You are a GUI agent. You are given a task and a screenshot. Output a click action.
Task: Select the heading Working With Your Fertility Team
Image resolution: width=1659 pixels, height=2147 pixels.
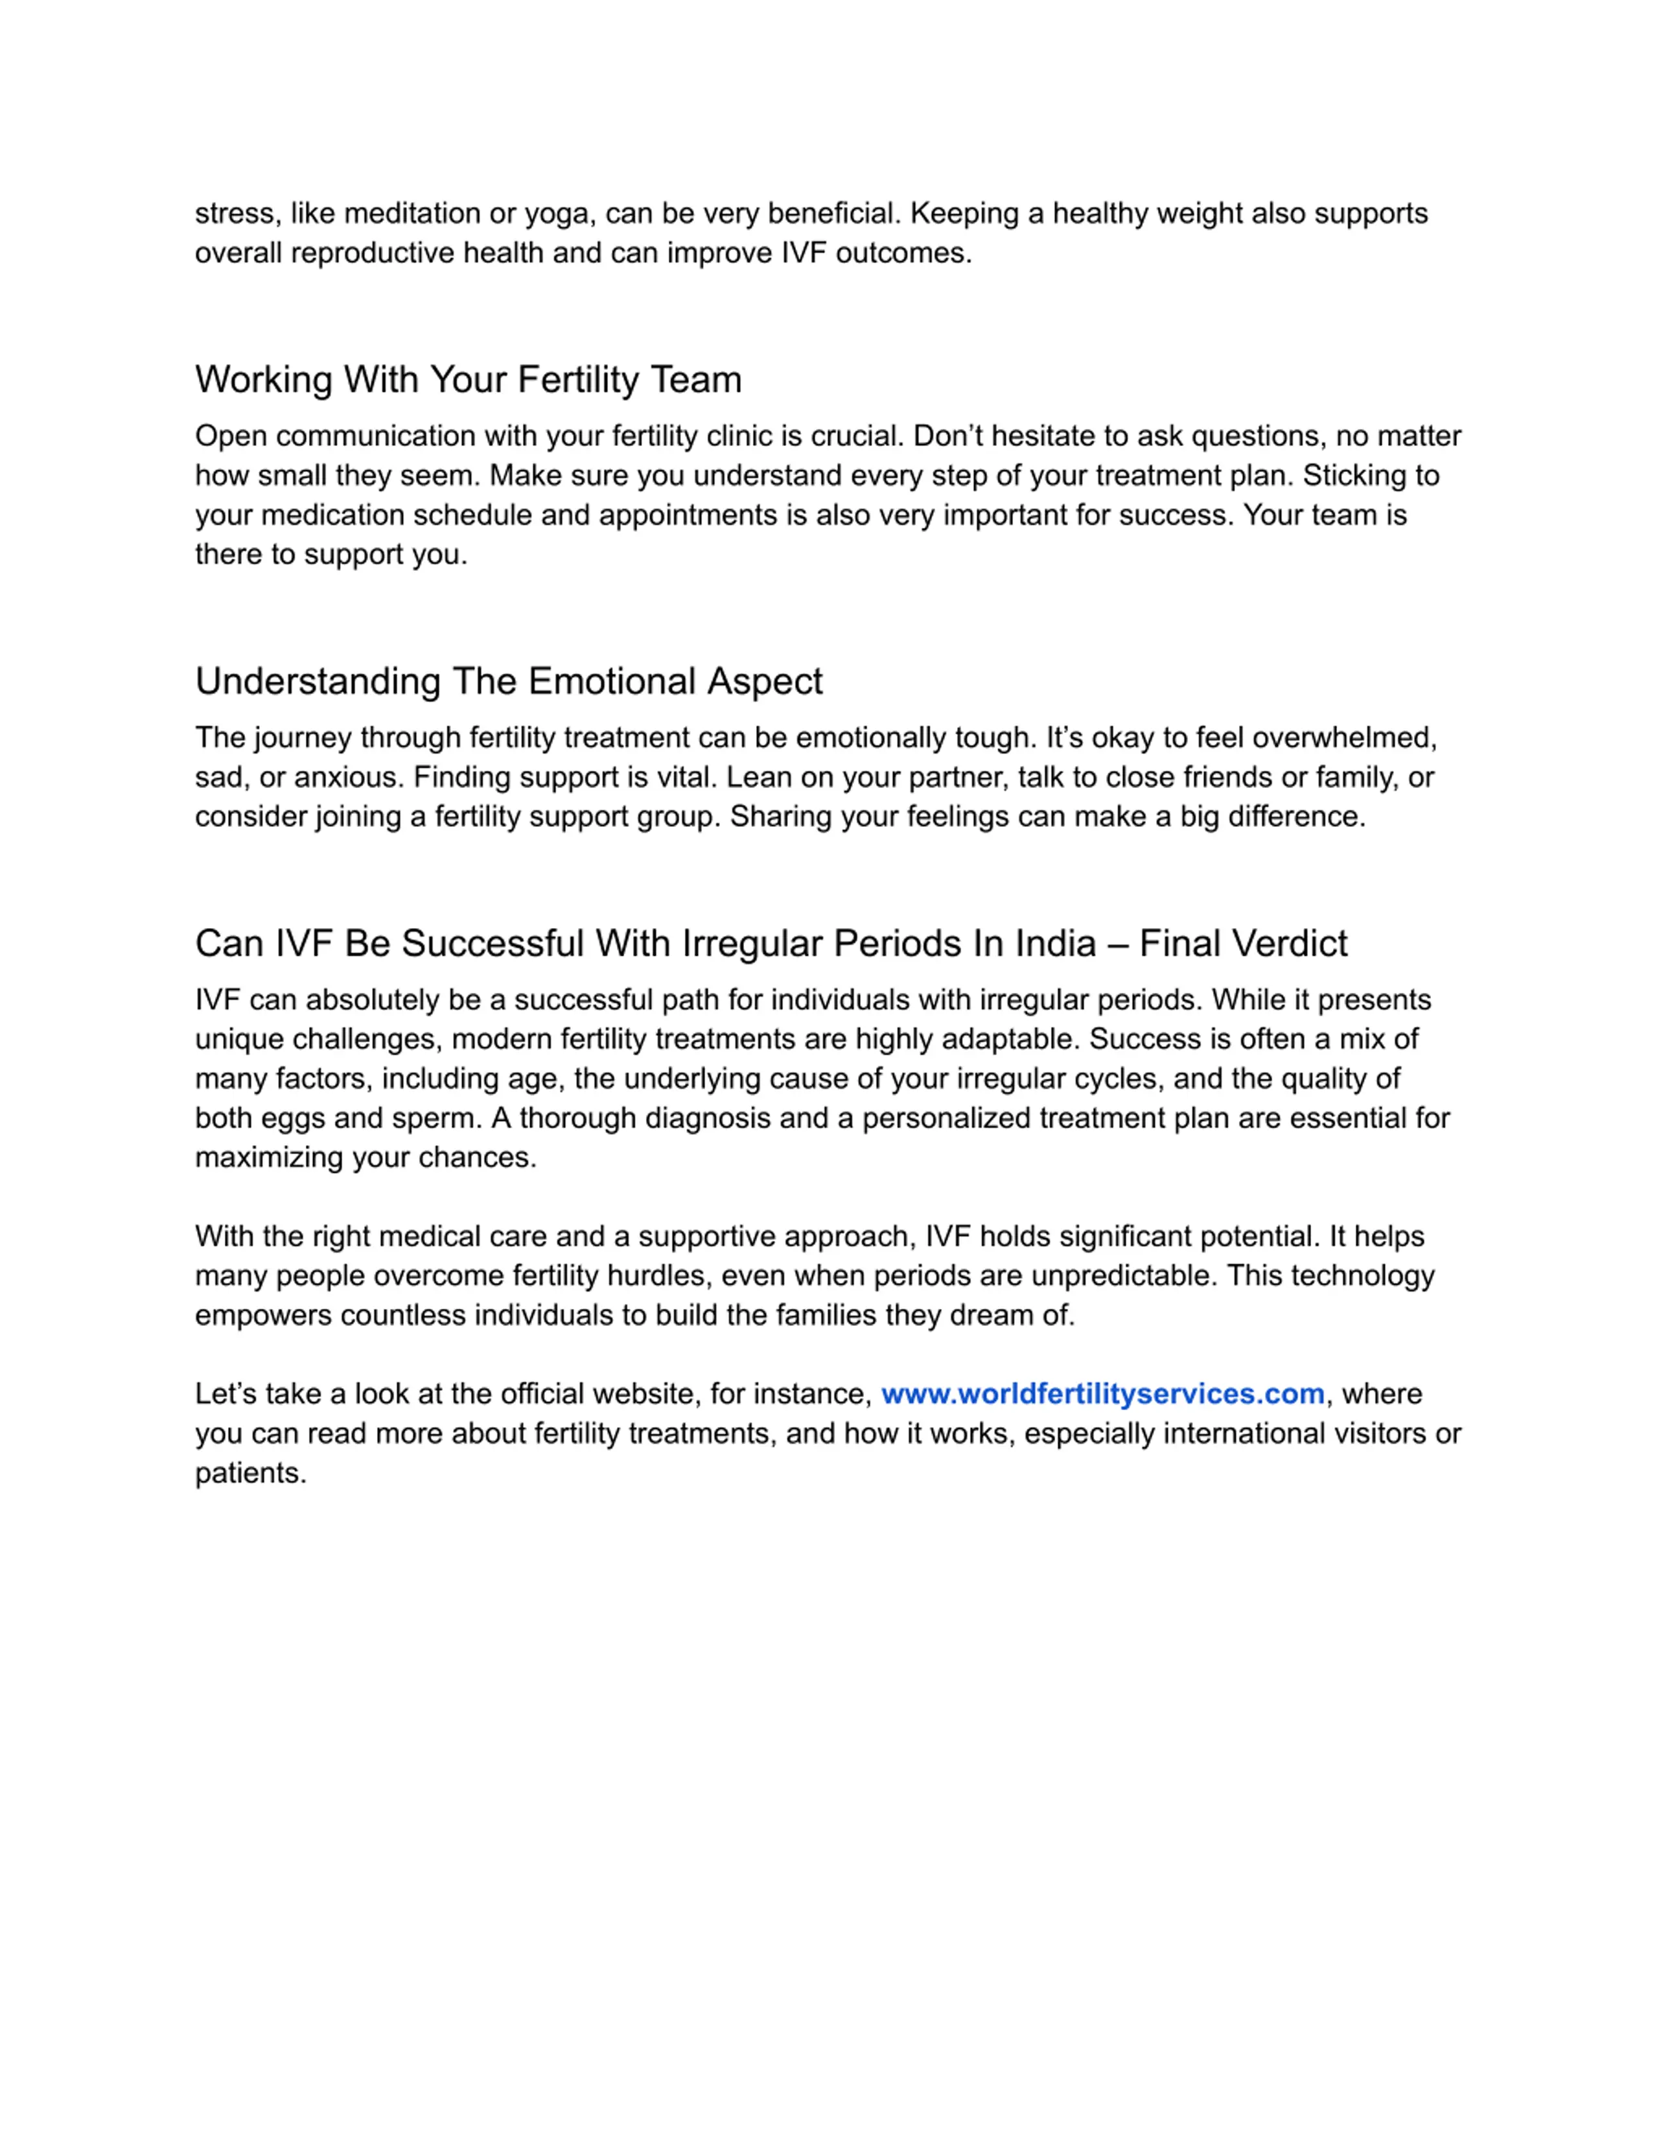pos(468,380)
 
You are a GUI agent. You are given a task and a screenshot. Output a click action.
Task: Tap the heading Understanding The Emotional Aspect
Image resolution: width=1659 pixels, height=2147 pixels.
pos(508,681)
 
